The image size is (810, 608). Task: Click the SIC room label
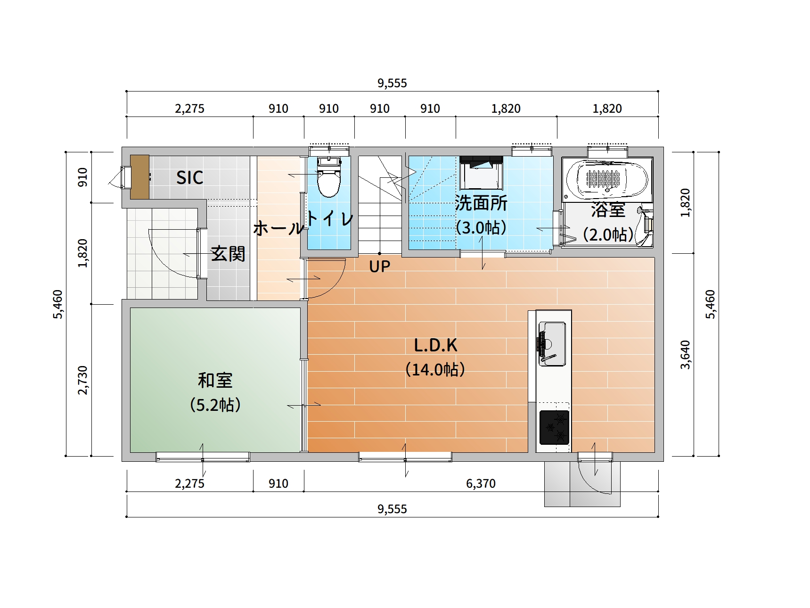[189, 178]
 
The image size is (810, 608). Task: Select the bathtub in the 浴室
[607, 180]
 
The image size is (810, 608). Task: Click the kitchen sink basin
[552, 343]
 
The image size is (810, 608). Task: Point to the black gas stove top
[554, 427]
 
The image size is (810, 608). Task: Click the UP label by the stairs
[379, 267]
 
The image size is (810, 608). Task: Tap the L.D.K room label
[435, 345]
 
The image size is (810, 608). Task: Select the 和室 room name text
[215, 380]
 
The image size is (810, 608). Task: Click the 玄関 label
[228, 254]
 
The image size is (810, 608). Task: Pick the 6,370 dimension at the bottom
[481, 483]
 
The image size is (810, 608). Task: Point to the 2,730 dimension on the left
[82, 380]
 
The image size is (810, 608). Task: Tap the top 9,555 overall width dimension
[392, 83]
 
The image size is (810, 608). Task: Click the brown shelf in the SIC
[139, 177]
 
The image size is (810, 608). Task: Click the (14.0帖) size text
[435, 369]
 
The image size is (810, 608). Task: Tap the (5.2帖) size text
[215, 405]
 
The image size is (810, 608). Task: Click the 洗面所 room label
[481, 203]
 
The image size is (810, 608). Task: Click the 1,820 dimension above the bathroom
[607, 109]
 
